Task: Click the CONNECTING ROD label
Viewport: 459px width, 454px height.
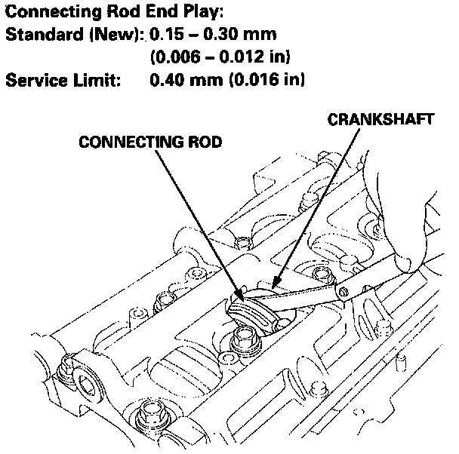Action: coord(151,143)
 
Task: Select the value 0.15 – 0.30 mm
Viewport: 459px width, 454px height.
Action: coord(213,35)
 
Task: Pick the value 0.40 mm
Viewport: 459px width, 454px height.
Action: coord(183,80)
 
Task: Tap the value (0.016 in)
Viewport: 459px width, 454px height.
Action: coord(264,80)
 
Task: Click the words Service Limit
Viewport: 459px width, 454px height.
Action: coord(63,80)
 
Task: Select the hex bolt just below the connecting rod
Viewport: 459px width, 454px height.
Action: coord(246,337)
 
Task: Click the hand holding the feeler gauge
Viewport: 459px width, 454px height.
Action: coord(430,234)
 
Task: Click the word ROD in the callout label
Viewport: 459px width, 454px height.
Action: coord(203,143)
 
